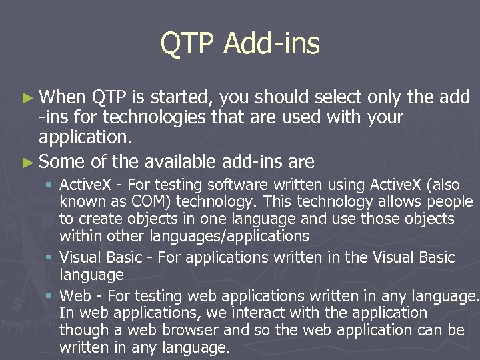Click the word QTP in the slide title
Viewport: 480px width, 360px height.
(x=188, y=44)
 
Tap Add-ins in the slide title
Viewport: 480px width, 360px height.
(x=271, y=44)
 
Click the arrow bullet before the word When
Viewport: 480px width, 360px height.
(x=27, y=97)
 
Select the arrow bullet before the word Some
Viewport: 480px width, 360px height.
(x=27, y=162)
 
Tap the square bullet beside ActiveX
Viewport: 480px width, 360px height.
(x=50, y=185)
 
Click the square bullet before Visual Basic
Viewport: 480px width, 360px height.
(x=50, y=258)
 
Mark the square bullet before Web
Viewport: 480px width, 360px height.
(x=50, y=296)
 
